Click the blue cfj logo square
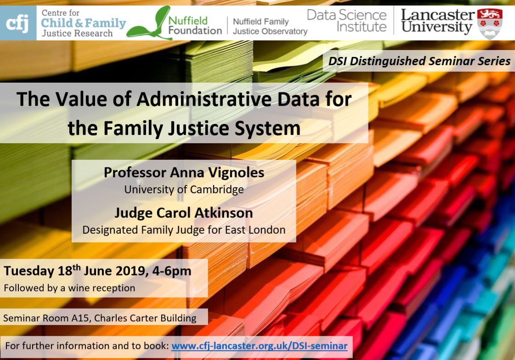[x=18, y=23]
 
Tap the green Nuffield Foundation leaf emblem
[x=149, y=23]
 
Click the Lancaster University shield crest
[x=490, y=23]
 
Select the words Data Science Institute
[x=346, y=21]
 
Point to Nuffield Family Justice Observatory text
[x=270, y=26]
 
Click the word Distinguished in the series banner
[x=388, y=61]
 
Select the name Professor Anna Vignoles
[x=184, y=173]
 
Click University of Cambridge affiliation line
[x=184, y=190]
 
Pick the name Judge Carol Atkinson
[x=184, y=213]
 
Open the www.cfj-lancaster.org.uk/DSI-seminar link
[x=260, y=346]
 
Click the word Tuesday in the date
[x=29, y=271]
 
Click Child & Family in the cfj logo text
[x=84, y=23]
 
